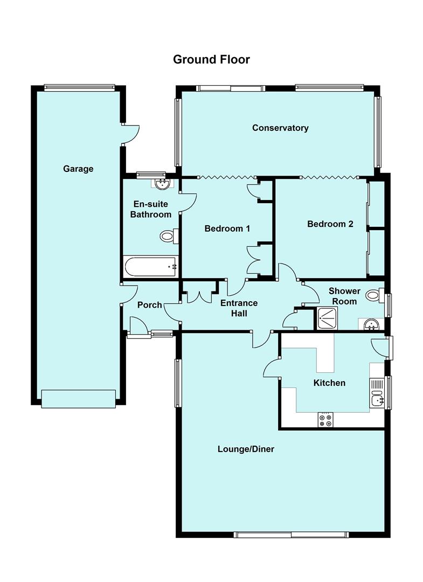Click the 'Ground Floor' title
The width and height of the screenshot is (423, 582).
click(x=211, y=59)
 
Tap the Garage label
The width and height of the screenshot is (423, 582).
click(x=78, y=169)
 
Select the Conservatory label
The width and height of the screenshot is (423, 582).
click(x=280, y=128)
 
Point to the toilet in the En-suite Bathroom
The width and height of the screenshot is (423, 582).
click(x=169, y=236)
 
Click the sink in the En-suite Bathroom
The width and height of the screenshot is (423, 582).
click(x=161, y=184)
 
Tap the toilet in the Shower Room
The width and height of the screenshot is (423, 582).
click(x=373, y=295)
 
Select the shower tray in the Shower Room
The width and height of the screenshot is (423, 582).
click(x=327, y=318)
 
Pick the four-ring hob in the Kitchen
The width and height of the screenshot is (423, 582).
click(x=325, y=420)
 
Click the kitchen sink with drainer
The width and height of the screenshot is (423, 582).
click(x=377, y=392)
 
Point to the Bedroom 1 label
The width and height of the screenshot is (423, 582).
click(x=227, y=228)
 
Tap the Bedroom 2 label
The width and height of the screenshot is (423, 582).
click(x=330, y=224)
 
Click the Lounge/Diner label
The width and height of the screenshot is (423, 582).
click(x=246, y=449)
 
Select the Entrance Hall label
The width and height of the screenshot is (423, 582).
click(x=239, y=308)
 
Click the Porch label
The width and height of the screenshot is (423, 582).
click(x=149, y=305)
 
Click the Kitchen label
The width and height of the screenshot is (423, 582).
click(x=329, y=383)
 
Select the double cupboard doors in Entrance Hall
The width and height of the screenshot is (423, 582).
click(x=200, y=296)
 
